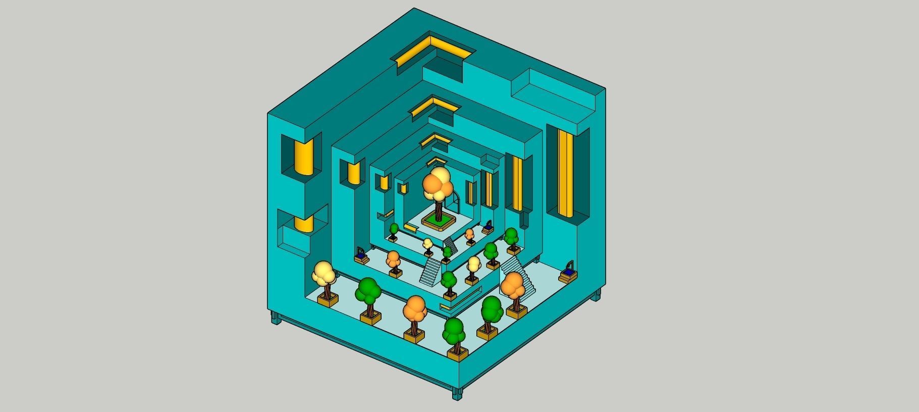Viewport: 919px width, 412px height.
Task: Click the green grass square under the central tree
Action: click(440, 219)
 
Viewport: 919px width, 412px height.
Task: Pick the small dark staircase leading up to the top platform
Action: click(451, 246)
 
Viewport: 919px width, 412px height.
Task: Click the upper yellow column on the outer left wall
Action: click(304, 157)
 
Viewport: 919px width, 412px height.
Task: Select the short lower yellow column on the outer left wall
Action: click(304, 224)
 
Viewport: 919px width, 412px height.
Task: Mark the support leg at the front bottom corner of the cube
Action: click(457, 393)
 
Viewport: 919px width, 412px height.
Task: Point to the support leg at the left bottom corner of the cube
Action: click(276, 318)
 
